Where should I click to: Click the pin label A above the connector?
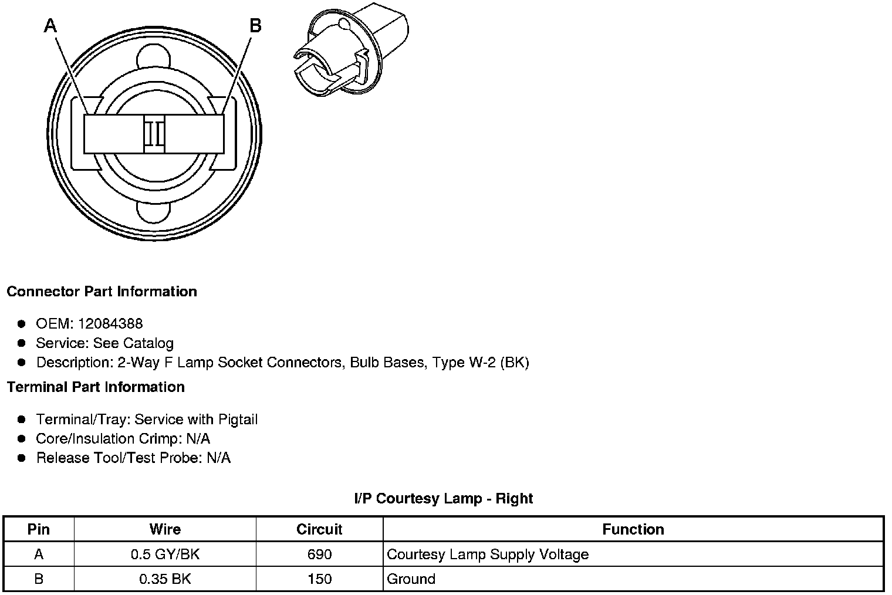[50, 26]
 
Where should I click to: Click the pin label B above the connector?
[255, 26]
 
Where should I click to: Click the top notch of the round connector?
[154, 59]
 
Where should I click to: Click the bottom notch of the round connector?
[154, 212]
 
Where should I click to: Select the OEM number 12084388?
[110, 324]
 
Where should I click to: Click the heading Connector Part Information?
[102, 292]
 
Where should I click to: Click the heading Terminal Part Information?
[96, 387]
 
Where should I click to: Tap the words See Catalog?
[133, 343]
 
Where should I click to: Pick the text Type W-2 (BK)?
[481, 363]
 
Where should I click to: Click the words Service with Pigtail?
[196, 420]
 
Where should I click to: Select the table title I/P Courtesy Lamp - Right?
[444, 499]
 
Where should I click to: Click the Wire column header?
[165, 529]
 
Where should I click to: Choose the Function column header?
[633, 529]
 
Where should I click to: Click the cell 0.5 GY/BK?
[165, 555]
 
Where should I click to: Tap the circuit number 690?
[319, 555]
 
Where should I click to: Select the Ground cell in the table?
[411, 579]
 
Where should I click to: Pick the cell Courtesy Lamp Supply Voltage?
[488, 555]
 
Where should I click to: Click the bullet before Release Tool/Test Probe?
[22, 458]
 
